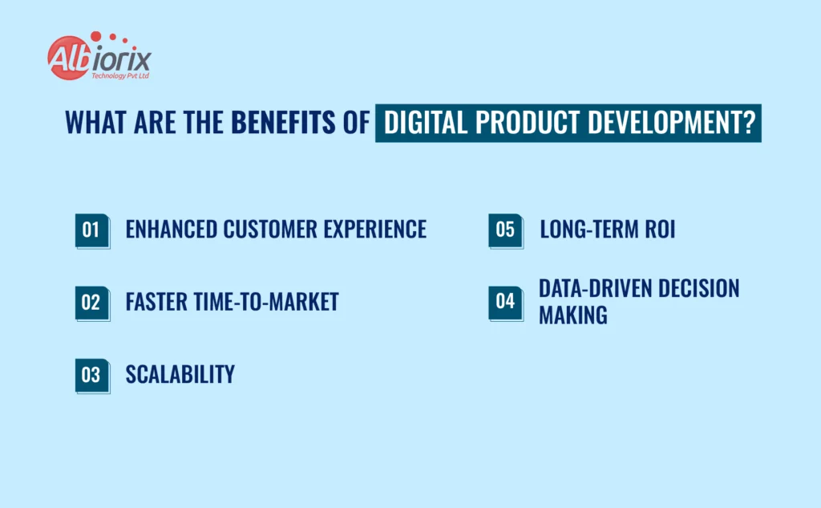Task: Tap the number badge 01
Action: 91,230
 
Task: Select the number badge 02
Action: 91,303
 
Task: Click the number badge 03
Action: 91,375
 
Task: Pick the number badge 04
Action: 505,302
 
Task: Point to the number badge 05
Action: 505,230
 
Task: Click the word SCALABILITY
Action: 180,374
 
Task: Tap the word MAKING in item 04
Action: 572,315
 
